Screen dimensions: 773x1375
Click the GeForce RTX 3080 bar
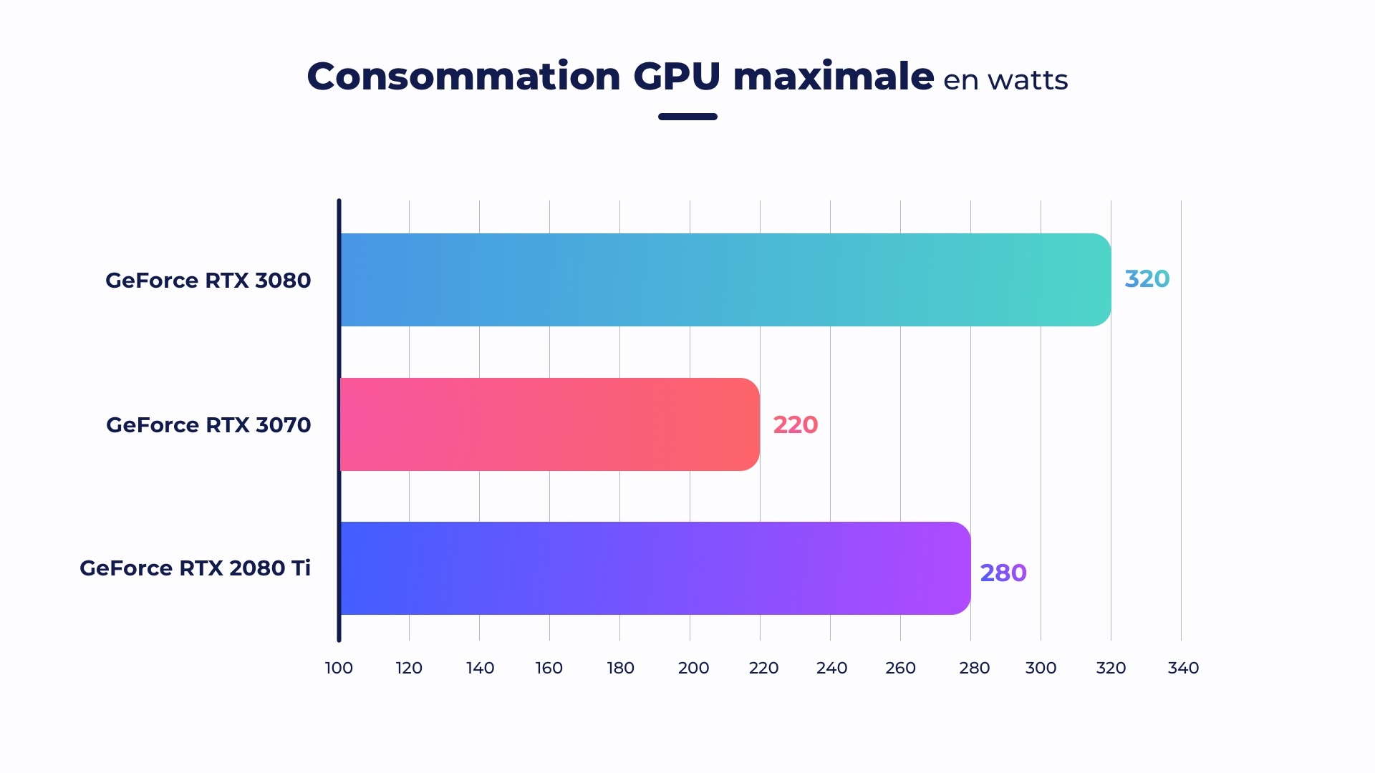[x=725, y=280]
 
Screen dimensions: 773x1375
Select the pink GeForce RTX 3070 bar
[x=549, y=424]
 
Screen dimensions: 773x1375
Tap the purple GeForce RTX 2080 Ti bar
[x=655, y=568]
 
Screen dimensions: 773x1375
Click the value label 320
[x=1147, y=279]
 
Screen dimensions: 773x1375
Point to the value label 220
[x=795, y=425]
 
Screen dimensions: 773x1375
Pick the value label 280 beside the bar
[x=1003, y=573]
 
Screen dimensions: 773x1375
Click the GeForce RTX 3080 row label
[x=208, y=281]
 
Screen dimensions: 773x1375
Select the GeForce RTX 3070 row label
[x=208, y=425]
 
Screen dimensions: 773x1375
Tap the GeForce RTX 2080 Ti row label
[x=195, y=568]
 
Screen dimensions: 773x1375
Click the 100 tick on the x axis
[x=339, y=668]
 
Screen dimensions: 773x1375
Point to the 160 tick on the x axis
[x=549, y=668]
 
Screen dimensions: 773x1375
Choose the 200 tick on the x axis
[x=693, y=668]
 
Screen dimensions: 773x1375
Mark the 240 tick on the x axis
[x=831, y=668]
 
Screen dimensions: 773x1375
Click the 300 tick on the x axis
[x=1041, y=668]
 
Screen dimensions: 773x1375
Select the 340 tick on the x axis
[x=1183, y=668]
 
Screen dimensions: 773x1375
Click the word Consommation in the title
[x=463, y=77]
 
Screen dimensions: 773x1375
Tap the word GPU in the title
[x=676, y=77]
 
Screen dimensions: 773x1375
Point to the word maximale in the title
[x=833, y=77]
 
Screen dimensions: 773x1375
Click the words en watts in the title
[x=1005, y=80]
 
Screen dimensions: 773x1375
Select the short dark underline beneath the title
[x=687, y=117]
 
